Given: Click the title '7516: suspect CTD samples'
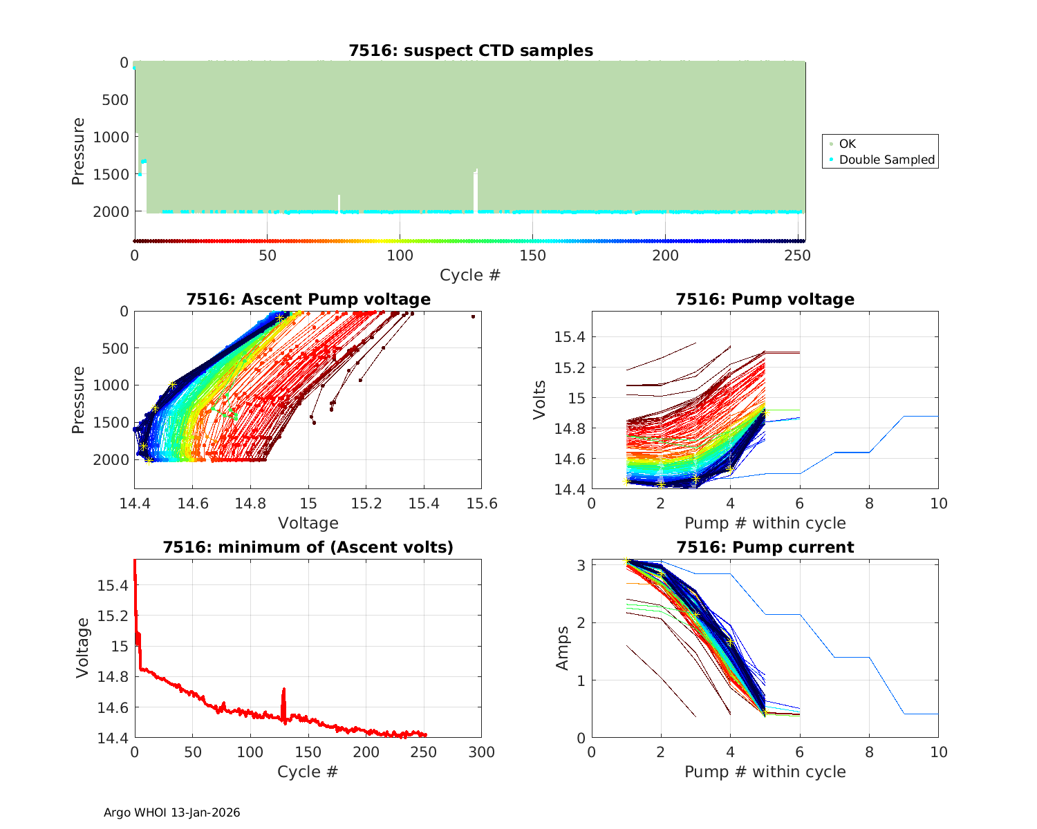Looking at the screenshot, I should click(470, 50).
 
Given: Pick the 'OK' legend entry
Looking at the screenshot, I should click(847, 144).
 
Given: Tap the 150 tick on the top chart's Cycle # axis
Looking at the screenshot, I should click(532, 256).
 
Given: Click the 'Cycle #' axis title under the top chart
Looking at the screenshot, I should click(470, 275).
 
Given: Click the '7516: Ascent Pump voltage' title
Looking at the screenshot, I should click(308, 299).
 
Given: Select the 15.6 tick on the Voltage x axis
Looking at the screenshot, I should click(481, 504).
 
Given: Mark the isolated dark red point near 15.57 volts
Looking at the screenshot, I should click(473, 316).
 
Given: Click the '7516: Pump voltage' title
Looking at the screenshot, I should click(765, 299).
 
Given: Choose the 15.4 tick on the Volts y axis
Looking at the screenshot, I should click(570, 337).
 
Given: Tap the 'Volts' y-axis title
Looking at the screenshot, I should click(540, 400).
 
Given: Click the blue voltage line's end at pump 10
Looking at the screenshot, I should click(937, 417).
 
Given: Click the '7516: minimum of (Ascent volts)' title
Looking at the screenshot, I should click(308, 547).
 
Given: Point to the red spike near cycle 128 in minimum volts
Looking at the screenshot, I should click(283, 690).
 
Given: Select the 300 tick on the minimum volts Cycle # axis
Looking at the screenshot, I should click(481, 752).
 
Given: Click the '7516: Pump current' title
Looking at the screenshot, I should click(765, 547).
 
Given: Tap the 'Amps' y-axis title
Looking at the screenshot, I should click(563, 648).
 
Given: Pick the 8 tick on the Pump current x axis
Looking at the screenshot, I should click(869, 752).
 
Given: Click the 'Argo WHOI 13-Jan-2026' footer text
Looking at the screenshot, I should click(172, 812).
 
